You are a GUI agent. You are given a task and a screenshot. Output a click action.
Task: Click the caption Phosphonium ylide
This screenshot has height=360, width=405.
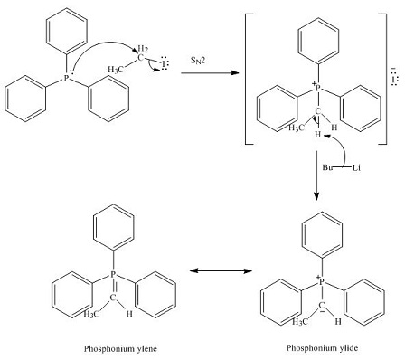point(322,347)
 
